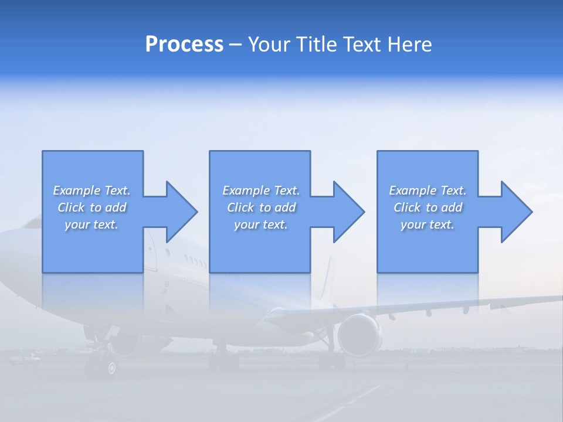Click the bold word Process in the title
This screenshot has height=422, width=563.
[x=184, y=45]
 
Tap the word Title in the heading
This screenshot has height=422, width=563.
[x=316, y=45]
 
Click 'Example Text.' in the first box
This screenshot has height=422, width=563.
[x=92, y=190]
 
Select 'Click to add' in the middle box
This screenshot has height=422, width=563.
[x=261, y=207]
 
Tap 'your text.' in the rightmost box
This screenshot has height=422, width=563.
[x=428, y=224]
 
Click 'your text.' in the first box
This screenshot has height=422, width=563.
[x=91, y=224]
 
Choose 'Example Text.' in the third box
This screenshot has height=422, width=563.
[x=428, y=190]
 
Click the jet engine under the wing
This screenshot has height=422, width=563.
[x=358, y=335]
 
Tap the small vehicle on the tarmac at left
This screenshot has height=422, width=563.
[x=26, y=358]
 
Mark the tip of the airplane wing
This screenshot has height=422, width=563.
[x=557, y=298]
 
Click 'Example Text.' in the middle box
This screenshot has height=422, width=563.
[x=261, y=190]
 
